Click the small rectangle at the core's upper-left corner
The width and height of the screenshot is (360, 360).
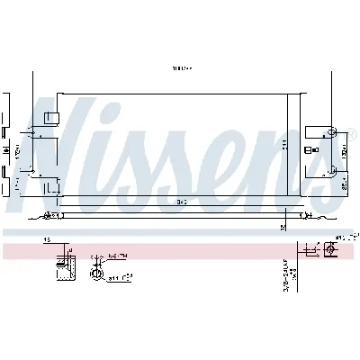point(52,117)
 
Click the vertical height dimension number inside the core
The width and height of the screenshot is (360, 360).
point(284,145)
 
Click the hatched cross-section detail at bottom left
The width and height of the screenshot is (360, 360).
point(62,261)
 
